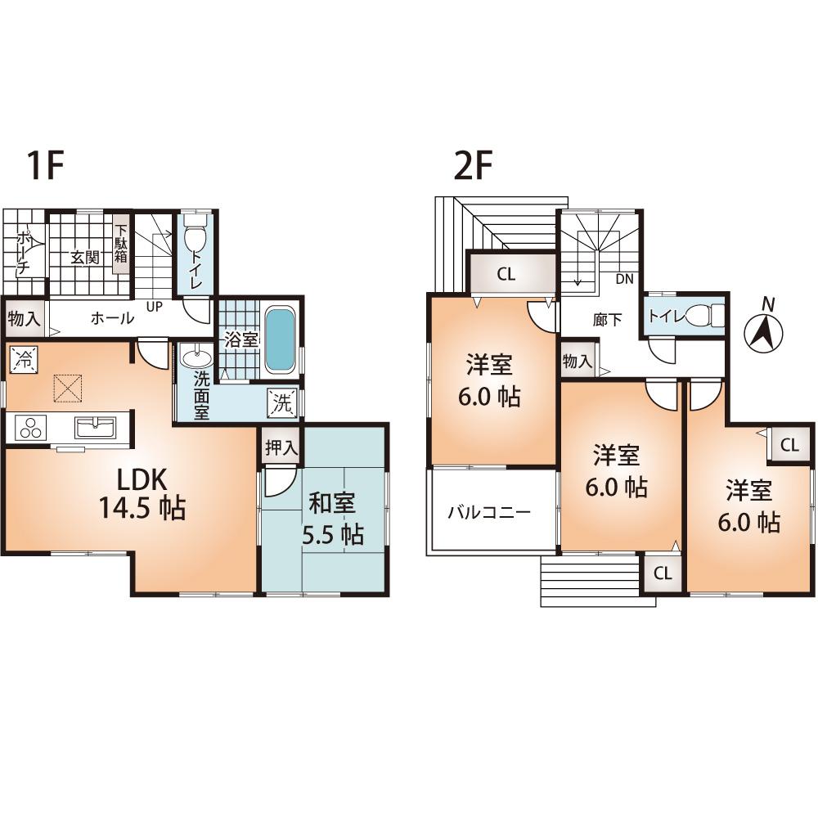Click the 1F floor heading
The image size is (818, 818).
[x=46, y=167]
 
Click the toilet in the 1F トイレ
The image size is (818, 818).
[x=195, y=240]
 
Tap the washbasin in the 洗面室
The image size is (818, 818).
[x=195, y=358]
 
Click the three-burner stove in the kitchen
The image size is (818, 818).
[x=30, y=428]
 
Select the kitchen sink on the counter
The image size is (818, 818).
[x=97, y=426]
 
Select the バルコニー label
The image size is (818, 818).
[x=489, y=513]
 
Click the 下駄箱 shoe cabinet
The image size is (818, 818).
[x=121, y=243]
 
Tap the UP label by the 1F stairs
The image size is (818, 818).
[x=152, y=306]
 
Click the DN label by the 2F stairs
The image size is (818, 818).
[x=624, y=279]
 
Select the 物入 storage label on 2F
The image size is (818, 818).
[x=578, y=361]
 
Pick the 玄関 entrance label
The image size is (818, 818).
[x=83, y=258]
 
